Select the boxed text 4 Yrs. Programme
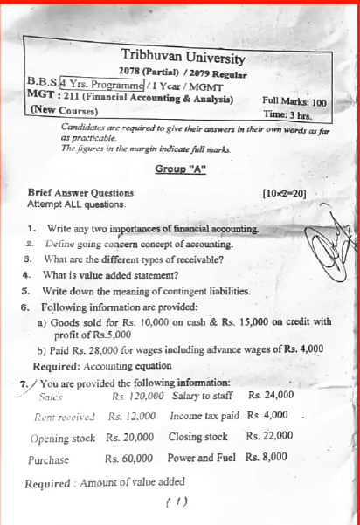click(x=103, y=85)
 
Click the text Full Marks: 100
click(x=294, y=102)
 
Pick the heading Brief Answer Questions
click(x=80, y=192)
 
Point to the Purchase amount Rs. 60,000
click(x=128, y=458)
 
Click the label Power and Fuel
click(x=202, y=457)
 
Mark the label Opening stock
click(x=62, y=437)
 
